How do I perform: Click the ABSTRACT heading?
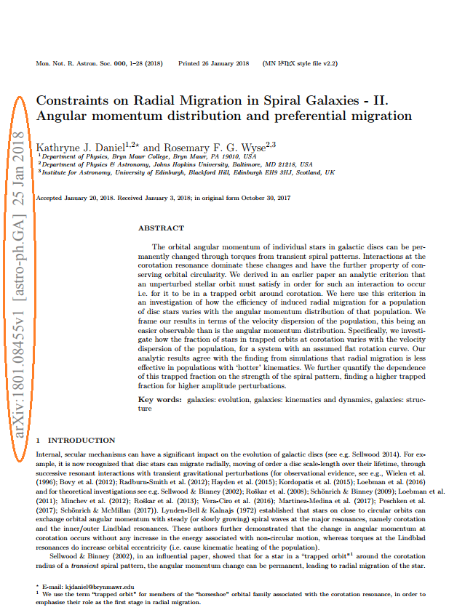161,228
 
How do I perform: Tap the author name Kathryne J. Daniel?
80,147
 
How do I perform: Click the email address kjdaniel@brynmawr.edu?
89,585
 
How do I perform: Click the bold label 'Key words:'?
160,401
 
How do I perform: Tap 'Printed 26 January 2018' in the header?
213,64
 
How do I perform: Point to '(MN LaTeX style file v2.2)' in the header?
300,64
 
